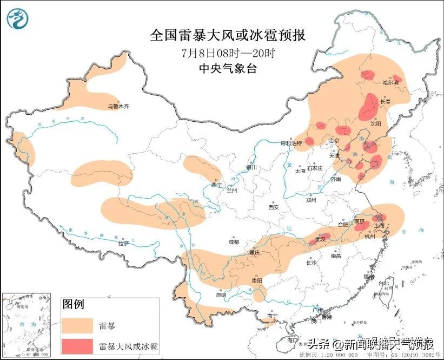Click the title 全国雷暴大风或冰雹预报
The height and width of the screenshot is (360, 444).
227,36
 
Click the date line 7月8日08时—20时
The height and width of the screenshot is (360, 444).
227,54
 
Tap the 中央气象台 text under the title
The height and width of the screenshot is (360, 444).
227,68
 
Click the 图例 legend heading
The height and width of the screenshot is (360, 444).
74,305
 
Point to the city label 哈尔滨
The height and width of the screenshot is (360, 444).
390,83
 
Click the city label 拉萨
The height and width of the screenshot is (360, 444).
123,244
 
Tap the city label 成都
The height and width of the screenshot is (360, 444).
234,242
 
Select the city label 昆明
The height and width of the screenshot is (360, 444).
221,295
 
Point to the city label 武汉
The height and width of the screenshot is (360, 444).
321,239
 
